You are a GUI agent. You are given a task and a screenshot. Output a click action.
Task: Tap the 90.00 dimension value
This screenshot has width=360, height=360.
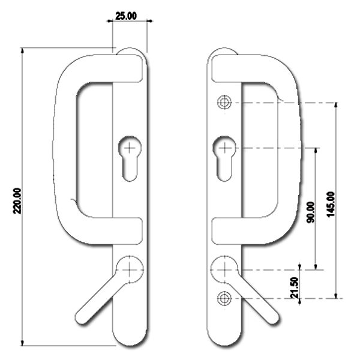310,211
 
